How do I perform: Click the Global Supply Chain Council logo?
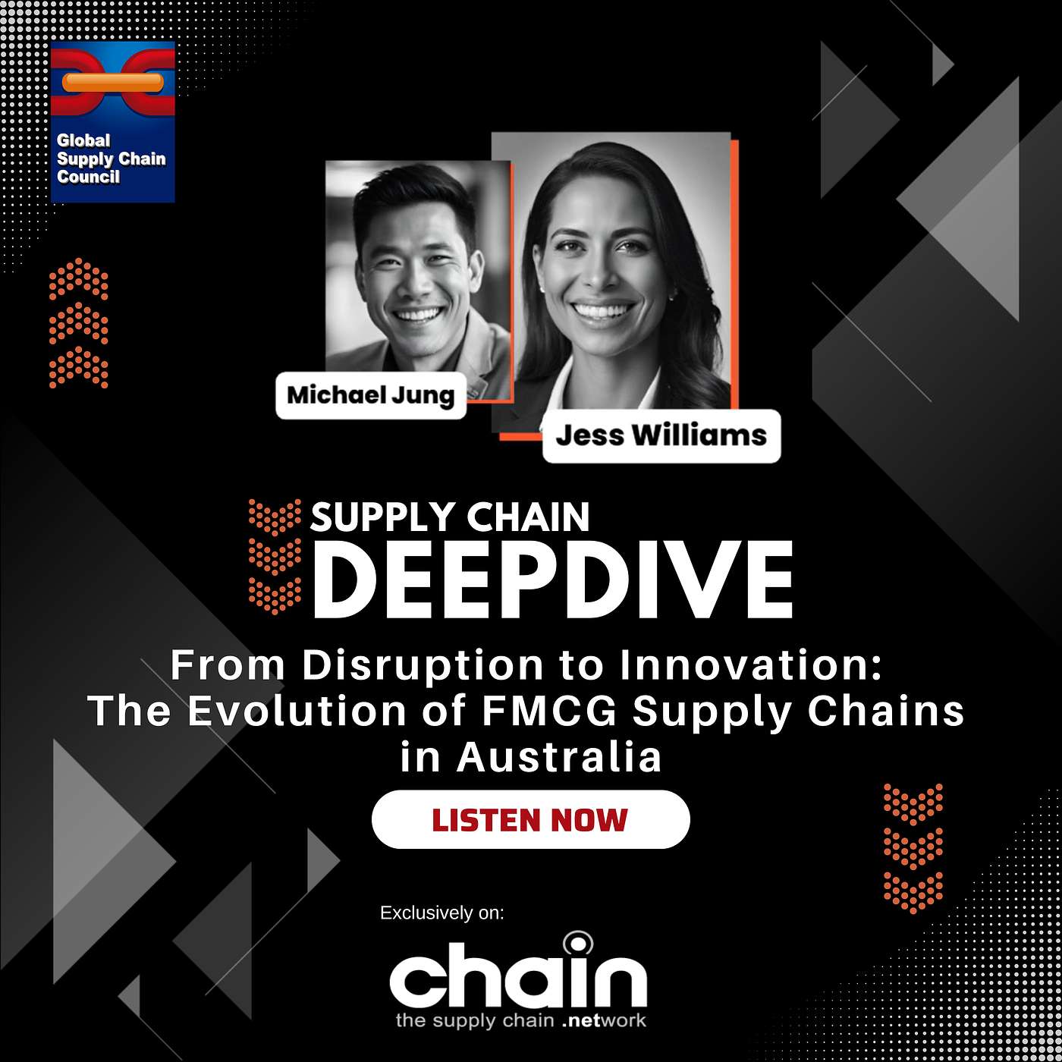tap(112, 122)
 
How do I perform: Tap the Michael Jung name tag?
tap(371, 395)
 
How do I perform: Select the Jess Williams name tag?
tap(661, 435)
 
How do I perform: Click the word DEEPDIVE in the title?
tap(553, 580)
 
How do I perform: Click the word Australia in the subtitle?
tap(559, 757)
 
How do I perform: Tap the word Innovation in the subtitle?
tap(751, 665)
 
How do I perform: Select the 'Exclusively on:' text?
tap(442, 913)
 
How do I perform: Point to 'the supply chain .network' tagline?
tap(521, 1020)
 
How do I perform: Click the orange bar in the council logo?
tap(113, 82)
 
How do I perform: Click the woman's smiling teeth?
tap(602, 311)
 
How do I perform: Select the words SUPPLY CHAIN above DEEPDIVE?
tap(450, 517)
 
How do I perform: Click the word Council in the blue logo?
tap(88, 176)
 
